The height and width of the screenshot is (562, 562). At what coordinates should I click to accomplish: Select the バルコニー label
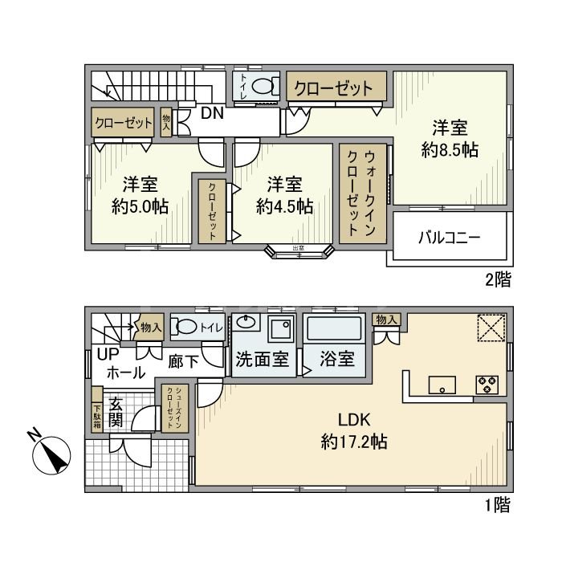coord(449,238)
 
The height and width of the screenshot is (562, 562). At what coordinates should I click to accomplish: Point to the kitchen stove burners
coord(488,384)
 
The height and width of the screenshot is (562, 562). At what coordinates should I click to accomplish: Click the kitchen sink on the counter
coord(441,385)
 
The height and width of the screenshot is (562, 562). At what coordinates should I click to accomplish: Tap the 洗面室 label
coord(262,359)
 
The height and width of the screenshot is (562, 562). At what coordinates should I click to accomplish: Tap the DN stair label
coord(212,113)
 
